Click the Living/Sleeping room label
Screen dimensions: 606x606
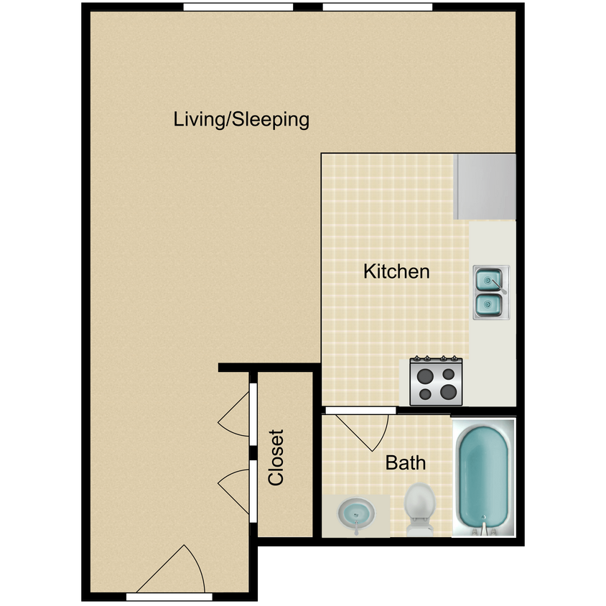(241, 119)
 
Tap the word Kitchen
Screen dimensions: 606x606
(396, 271)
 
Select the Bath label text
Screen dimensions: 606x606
(406, 462)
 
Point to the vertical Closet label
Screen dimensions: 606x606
(276, 457)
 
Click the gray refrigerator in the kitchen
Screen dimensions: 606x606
(485, 187)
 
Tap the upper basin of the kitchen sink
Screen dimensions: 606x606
(488, 280)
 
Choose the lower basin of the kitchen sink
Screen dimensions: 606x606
(488, 305)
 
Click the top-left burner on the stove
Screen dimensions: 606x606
(426, 375)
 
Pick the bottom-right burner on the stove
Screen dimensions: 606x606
(448, 392)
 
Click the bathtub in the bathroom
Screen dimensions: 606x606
(484, 477)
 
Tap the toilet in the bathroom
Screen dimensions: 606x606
(420, 508)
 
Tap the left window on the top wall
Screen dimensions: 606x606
(238, 7)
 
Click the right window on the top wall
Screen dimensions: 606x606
(378, 7)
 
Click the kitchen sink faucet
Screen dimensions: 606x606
(498, 286)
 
